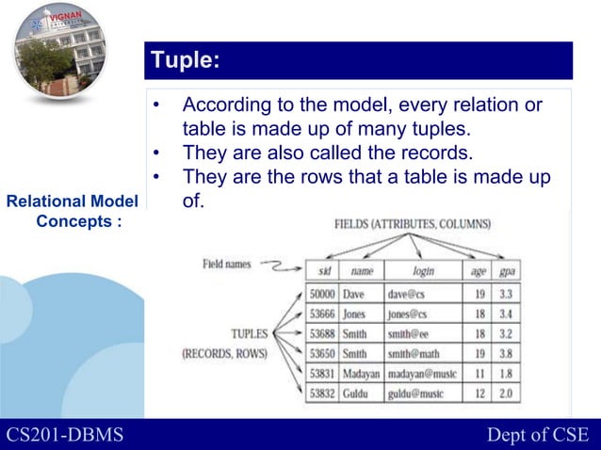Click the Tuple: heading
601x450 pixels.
pyautogui.click(x=186, y=61)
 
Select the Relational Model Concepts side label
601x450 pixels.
pyautogui.click(x=72, y=211)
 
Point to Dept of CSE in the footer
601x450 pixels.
pyautogui.click(x=537, y=434)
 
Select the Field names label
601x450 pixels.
pyautogui.click(x=226, y=265)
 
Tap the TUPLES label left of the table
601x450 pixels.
pyautogui.click(x=250, y=333)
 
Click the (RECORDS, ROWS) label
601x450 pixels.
pyautogui.click(x=224, y=353)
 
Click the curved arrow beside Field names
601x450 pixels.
pyautogui.click(x=278, y=268)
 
